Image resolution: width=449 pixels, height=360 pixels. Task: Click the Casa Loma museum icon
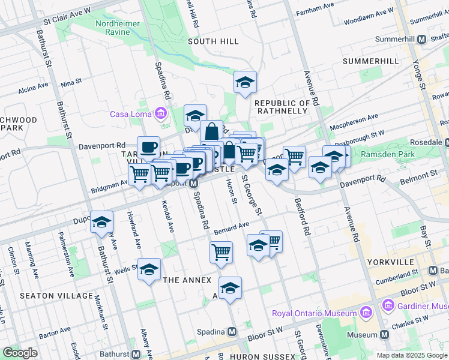(160, 113)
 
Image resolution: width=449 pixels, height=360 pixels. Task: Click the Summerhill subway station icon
(421, 39)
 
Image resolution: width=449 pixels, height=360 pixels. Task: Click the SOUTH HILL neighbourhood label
(213, 41)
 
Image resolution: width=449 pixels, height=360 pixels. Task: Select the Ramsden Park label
(388, 154)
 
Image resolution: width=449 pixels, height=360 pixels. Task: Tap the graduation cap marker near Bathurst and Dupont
(101, 221)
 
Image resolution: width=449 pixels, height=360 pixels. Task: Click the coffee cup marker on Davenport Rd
(148, 146)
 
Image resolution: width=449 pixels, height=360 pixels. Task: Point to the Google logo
(20, 353)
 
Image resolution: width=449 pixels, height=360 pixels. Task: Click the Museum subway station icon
(384, 334)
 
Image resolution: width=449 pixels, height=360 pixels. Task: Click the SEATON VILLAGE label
(48, 296)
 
